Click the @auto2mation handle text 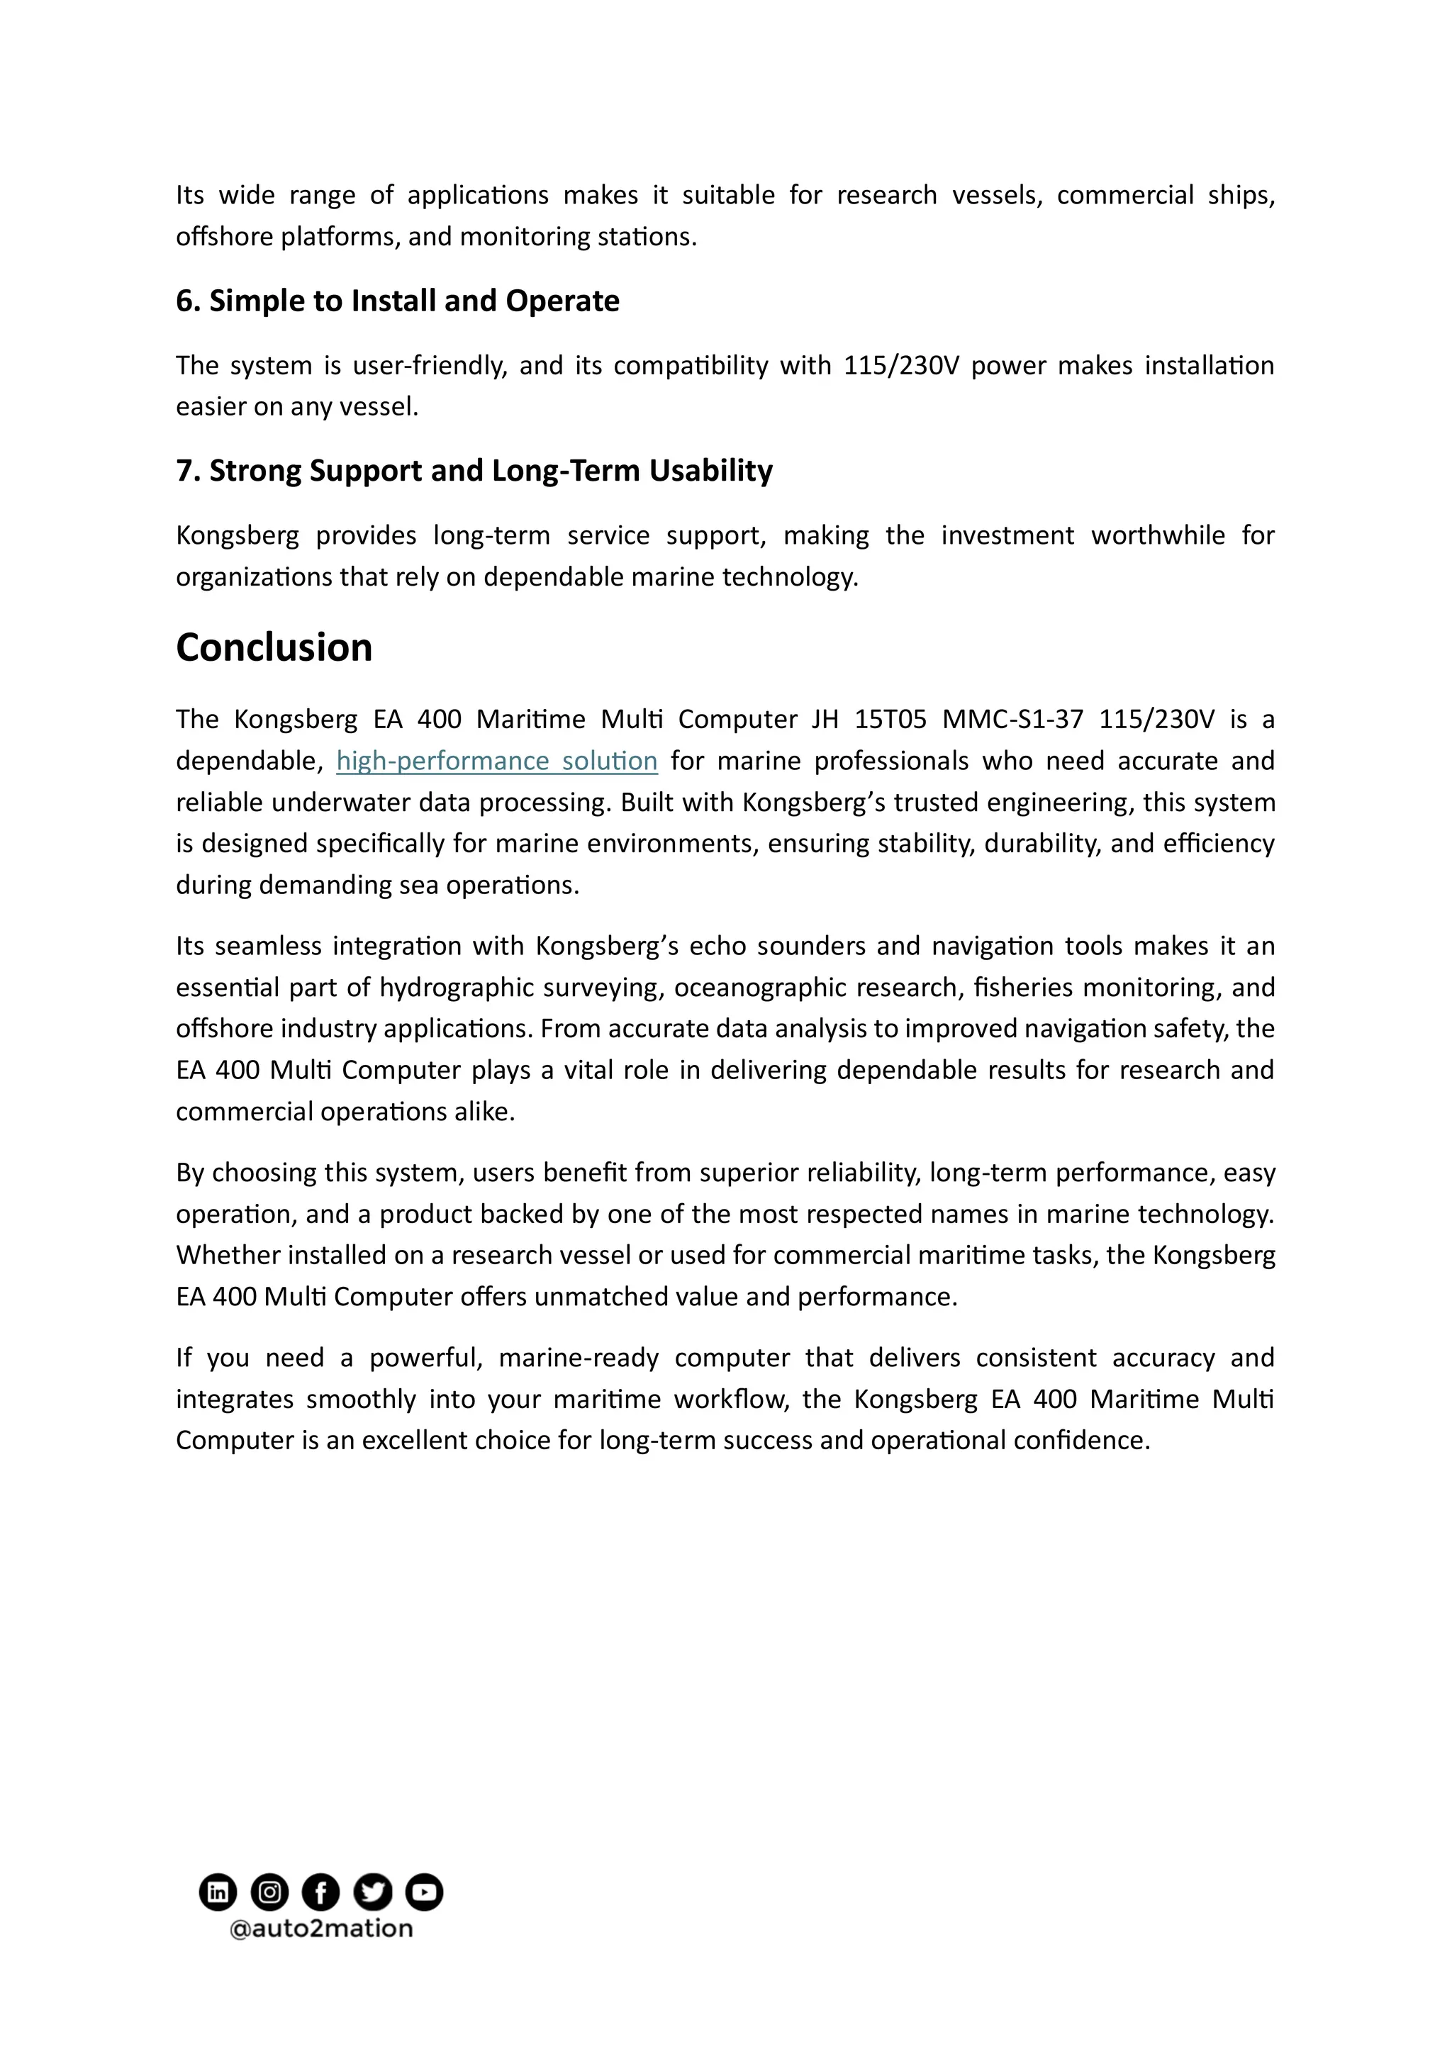pos(321,1929)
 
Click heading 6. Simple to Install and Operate pos(397,301)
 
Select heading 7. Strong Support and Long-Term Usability pos(474,471)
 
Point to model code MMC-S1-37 pos(1012,719)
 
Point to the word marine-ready pos(578,1358)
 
